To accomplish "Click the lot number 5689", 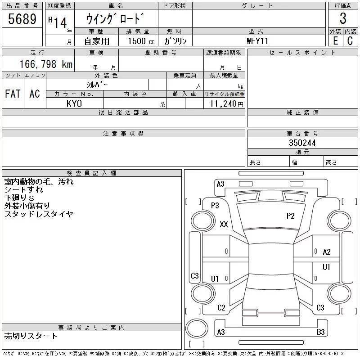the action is pos(22,19).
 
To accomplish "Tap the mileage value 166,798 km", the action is pos(46,64).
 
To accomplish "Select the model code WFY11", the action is pos(257,41).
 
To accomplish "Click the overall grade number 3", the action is pos(343,18).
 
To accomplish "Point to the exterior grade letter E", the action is pos(335,41).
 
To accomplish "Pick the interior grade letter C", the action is pos(350,41).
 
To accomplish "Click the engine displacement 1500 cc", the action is pos(141,41).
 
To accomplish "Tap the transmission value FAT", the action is pos(13,94).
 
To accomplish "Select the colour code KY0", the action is pos(74,103).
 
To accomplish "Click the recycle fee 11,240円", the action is pos(226,104).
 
